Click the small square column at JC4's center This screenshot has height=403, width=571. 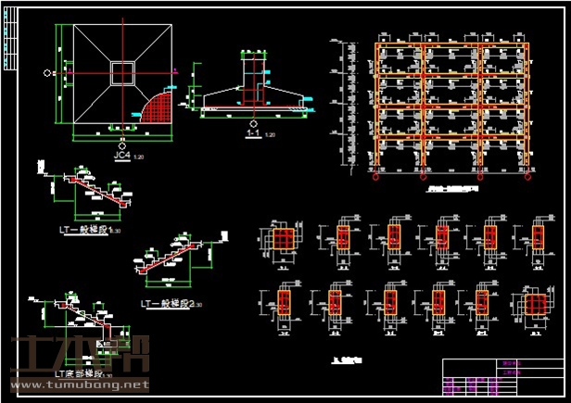coord(121,73)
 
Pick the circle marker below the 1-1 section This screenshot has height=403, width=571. coord(252,122)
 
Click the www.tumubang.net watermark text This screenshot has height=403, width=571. coord(80,384)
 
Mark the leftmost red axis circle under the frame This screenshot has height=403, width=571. coord(376,177)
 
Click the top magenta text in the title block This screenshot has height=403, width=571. coord(511,365)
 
